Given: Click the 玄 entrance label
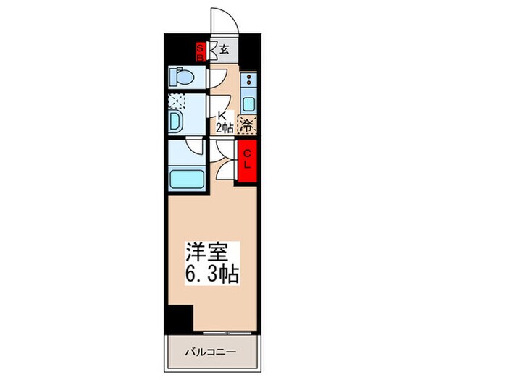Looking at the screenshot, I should coord(225,50).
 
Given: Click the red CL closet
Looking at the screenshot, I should coord(247,158).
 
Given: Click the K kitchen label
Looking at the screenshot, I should coord(222,115).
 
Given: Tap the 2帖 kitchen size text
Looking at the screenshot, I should coord(224,127).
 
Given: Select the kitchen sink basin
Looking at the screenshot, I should coord(248,102).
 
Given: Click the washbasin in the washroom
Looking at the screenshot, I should coord(175,121).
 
